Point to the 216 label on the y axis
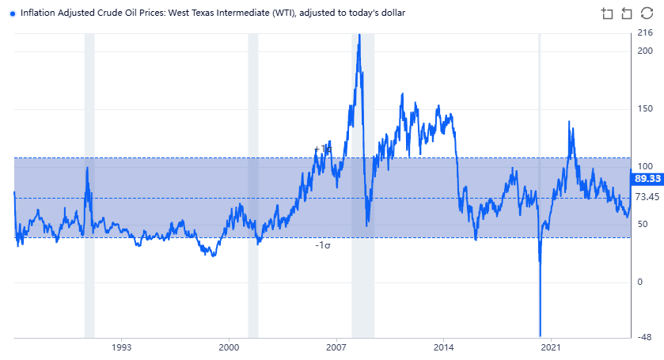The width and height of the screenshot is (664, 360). [x=644, y=33]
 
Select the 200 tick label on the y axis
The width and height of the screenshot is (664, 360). [x=644, y=51]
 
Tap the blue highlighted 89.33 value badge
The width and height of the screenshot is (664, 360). [x=646, y=179]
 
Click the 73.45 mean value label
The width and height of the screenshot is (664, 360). [x=646, y=197]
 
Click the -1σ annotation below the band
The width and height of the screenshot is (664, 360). [x=322, y=246]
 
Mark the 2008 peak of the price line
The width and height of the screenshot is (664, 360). [x=359, y=36]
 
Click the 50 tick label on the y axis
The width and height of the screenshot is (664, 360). [x=642, y=225]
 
